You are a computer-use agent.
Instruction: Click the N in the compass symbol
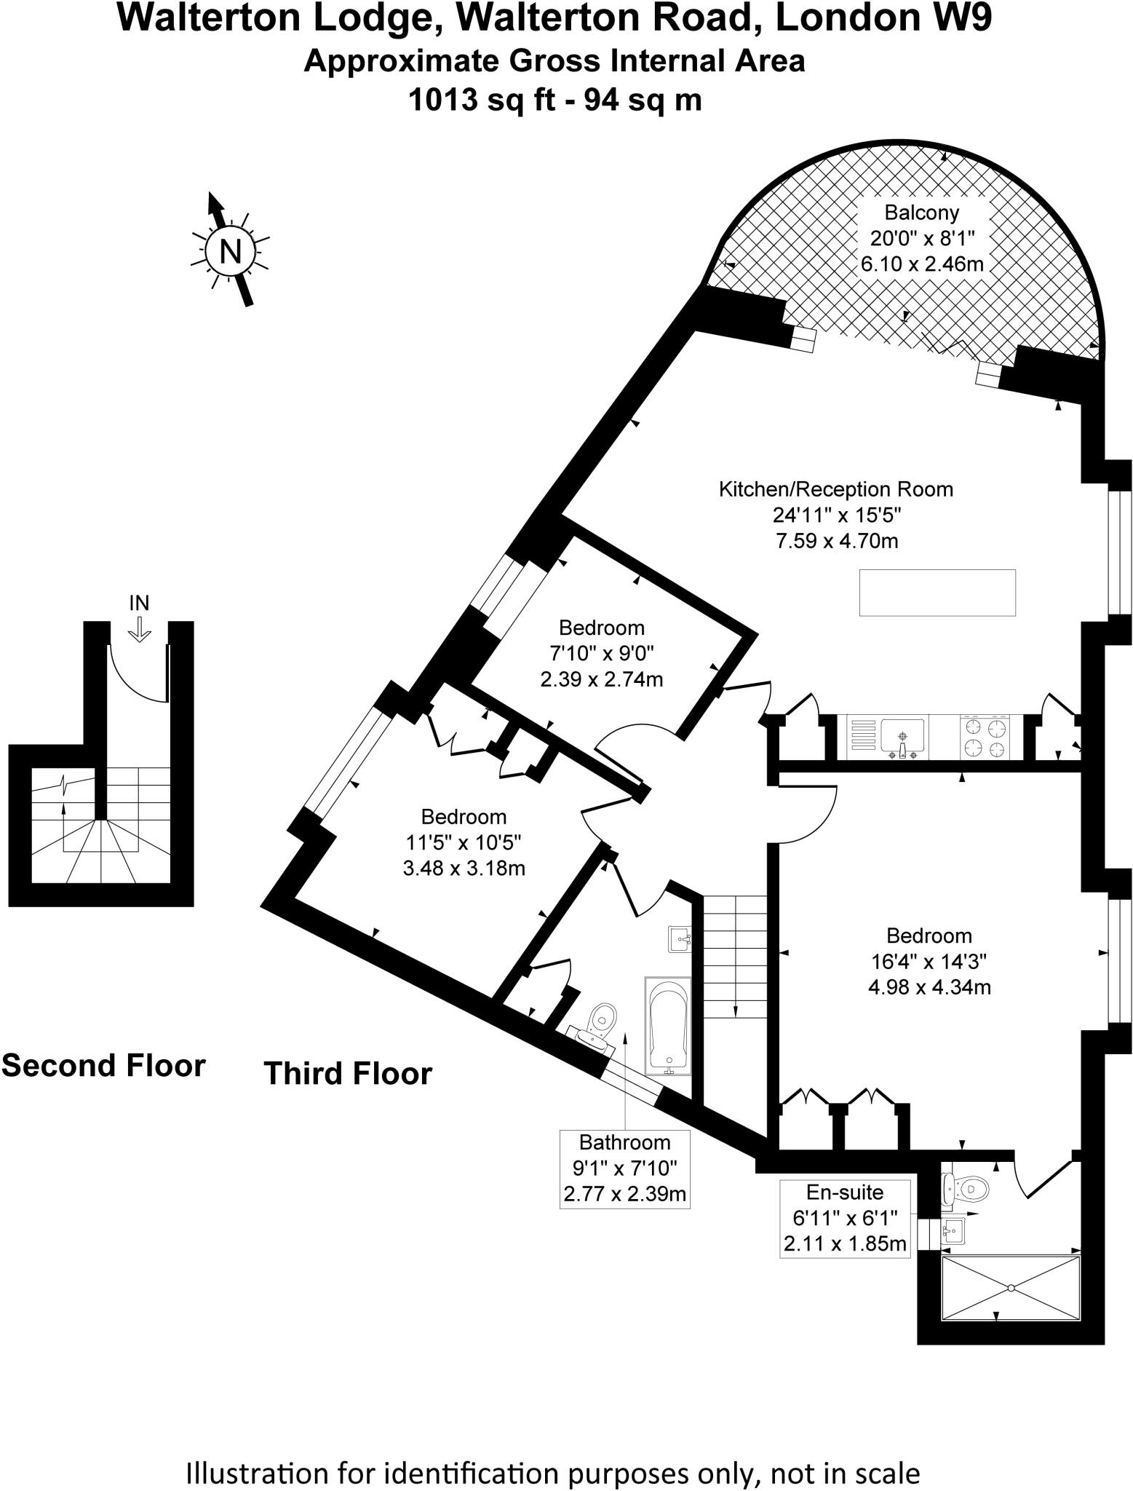[230, 252]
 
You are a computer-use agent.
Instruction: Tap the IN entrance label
[139, 603]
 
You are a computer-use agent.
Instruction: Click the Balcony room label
[921, 213]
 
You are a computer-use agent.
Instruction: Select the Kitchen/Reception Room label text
[835, 489]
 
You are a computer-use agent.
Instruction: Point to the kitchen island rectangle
[937, 593]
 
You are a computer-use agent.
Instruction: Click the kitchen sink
[902, 735]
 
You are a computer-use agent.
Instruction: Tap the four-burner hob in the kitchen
[986, 737]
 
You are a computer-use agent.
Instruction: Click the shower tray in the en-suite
[1010, 1287]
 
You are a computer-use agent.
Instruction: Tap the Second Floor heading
[103, 1066]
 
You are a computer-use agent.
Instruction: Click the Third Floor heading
[348, 1074]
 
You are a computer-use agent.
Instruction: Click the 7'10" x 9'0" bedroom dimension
[601, 653]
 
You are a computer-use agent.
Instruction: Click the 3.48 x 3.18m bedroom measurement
[464, 868]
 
